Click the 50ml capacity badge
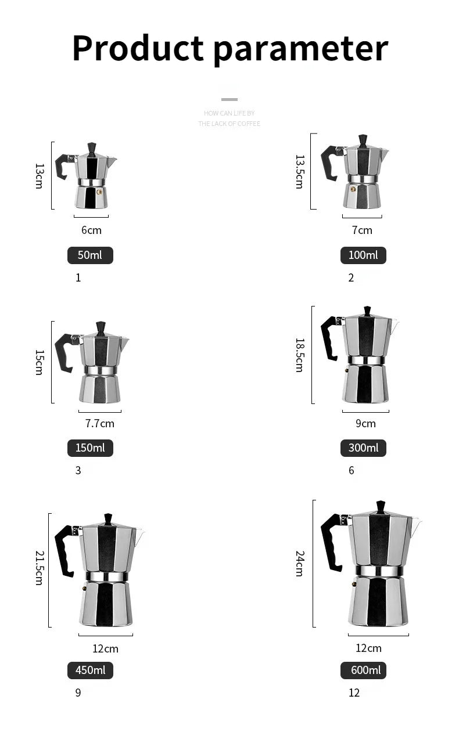coord(90,255)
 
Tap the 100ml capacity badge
coord(363,255)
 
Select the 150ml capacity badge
coord(90,448)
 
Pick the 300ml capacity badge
coord(363,448)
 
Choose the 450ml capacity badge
coord(90,670)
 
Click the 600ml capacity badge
coord(363,670)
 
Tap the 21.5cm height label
coord(39,568)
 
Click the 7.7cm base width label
coord(100,423)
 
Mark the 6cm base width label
coord(91,230)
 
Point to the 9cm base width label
coord(365,424)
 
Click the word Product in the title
coord(138,48)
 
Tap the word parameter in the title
coord(300,49)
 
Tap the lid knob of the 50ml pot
coord(92,147)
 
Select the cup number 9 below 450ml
coord(78,693)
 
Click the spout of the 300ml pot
coord(394,325)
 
